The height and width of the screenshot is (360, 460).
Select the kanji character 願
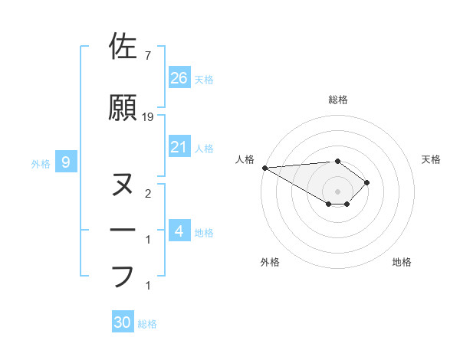(122, 108)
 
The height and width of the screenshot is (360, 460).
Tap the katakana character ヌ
(122, 185)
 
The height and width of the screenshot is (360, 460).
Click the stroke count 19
(149, 117)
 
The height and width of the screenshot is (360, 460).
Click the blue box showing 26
(179, 77)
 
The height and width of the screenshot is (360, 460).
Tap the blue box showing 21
(179, 147)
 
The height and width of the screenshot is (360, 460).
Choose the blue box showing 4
(179, 231)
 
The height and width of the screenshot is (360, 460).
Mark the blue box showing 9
(66, 162)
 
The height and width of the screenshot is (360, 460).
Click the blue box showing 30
(122, 322)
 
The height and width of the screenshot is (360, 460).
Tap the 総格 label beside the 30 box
(147, 324)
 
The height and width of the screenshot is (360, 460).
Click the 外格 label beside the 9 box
(41, 163)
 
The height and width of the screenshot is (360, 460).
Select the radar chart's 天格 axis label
(432, 159)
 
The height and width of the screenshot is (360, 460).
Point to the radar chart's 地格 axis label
(402, 262)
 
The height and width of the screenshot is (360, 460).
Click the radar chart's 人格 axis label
(245, 159)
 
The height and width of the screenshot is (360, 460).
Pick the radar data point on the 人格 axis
(264, 167)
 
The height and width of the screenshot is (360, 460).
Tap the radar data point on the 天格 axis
(367, 182)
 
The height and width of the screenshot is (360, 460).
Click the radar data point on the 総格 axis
(337, 161)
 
